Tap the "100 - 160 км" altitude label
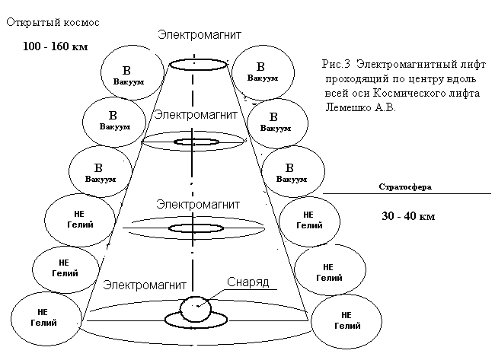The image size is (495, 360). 55,47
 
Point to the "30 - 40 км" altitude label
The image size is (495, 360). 407,216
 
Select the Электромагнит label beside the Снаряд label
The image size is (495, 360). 145,285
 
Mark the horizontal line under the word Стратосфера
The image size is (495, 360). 407,195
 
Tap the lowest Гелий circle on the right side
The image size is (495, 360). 346,319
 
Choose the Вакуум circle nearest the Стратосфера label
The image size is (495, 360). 290,171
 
